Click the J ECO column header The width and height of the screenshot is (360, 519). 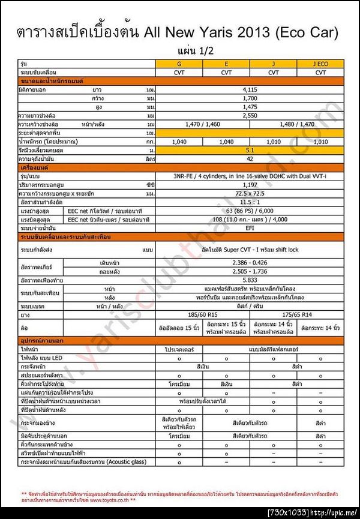(x=320, y=63)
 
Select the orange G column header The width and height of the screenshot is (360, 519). (x=179, y=63)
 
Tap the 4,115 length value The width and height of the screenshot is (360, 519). (x=250, y=89)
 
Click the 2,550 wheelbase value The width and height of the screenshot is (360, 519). (x=250, y=115)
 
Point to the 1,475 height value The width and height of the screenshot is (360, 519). (x=250, y=106)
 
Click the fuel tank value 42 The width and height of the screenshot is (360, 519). (x=250, y=158)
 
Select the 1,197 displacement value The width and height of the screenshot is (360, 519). (x=250, y=185)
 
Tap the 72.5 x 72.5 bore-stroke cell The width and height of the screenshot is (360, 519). (x=250, y=194)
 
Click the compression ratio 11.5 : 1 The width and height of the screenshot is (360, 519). (x=250, y=203)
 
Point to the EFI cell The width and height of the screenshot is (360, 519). (x=250, y=229)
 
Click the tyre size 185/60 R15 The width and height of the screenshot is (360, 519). (x=202, y=313)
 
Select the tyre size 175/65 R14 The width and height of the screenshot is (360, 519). (x=297, y=313)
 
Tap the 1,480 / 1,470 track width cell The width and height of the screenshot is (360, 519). (x=297, y=124)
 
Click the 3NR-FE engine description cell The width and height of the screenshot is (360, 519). (x=250, y=176)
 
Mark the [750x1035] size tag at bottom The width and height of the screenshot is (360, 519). (x=287, y=512)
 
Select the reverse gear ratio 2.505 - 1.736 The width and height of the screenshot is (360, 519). (x=250, y=271)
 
